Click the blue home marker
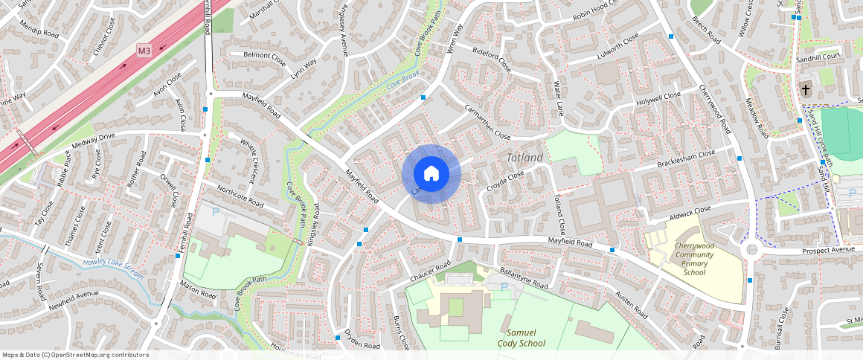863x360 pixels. point(431,174)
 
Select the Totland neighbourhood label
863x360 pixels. point(525,158)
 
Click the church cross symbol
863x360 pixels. point(805,90)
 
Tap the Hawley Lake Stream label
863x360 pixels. point(112,266)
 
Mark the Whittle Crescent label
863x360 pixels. point(248,150)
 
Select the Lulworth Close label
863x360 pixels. point(609,47)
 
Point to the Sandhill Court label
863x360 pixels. point(818,56)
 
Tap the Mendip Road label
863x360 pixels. point(39,33)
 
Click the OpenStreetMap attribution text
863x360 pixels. point(75,355)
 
